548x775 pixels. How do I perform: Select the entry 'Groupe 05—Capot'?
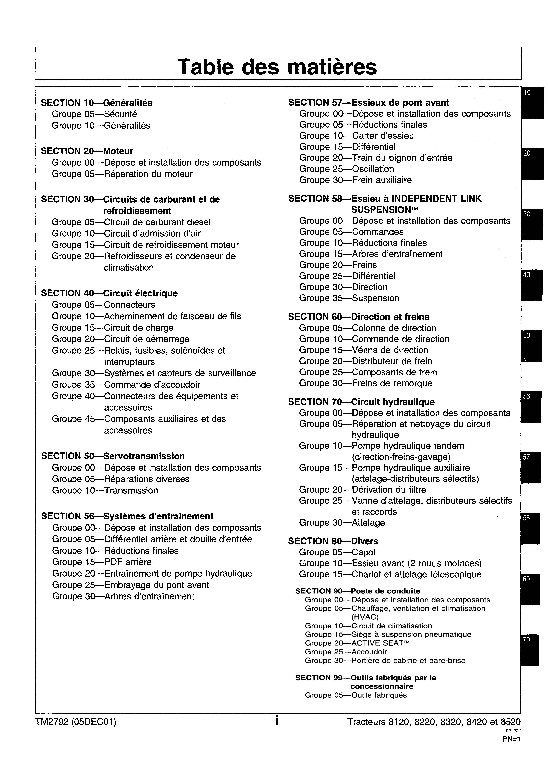click(337, 552)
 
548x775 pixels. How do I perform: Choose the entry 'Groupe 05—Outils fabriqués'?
click(356, 695)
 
